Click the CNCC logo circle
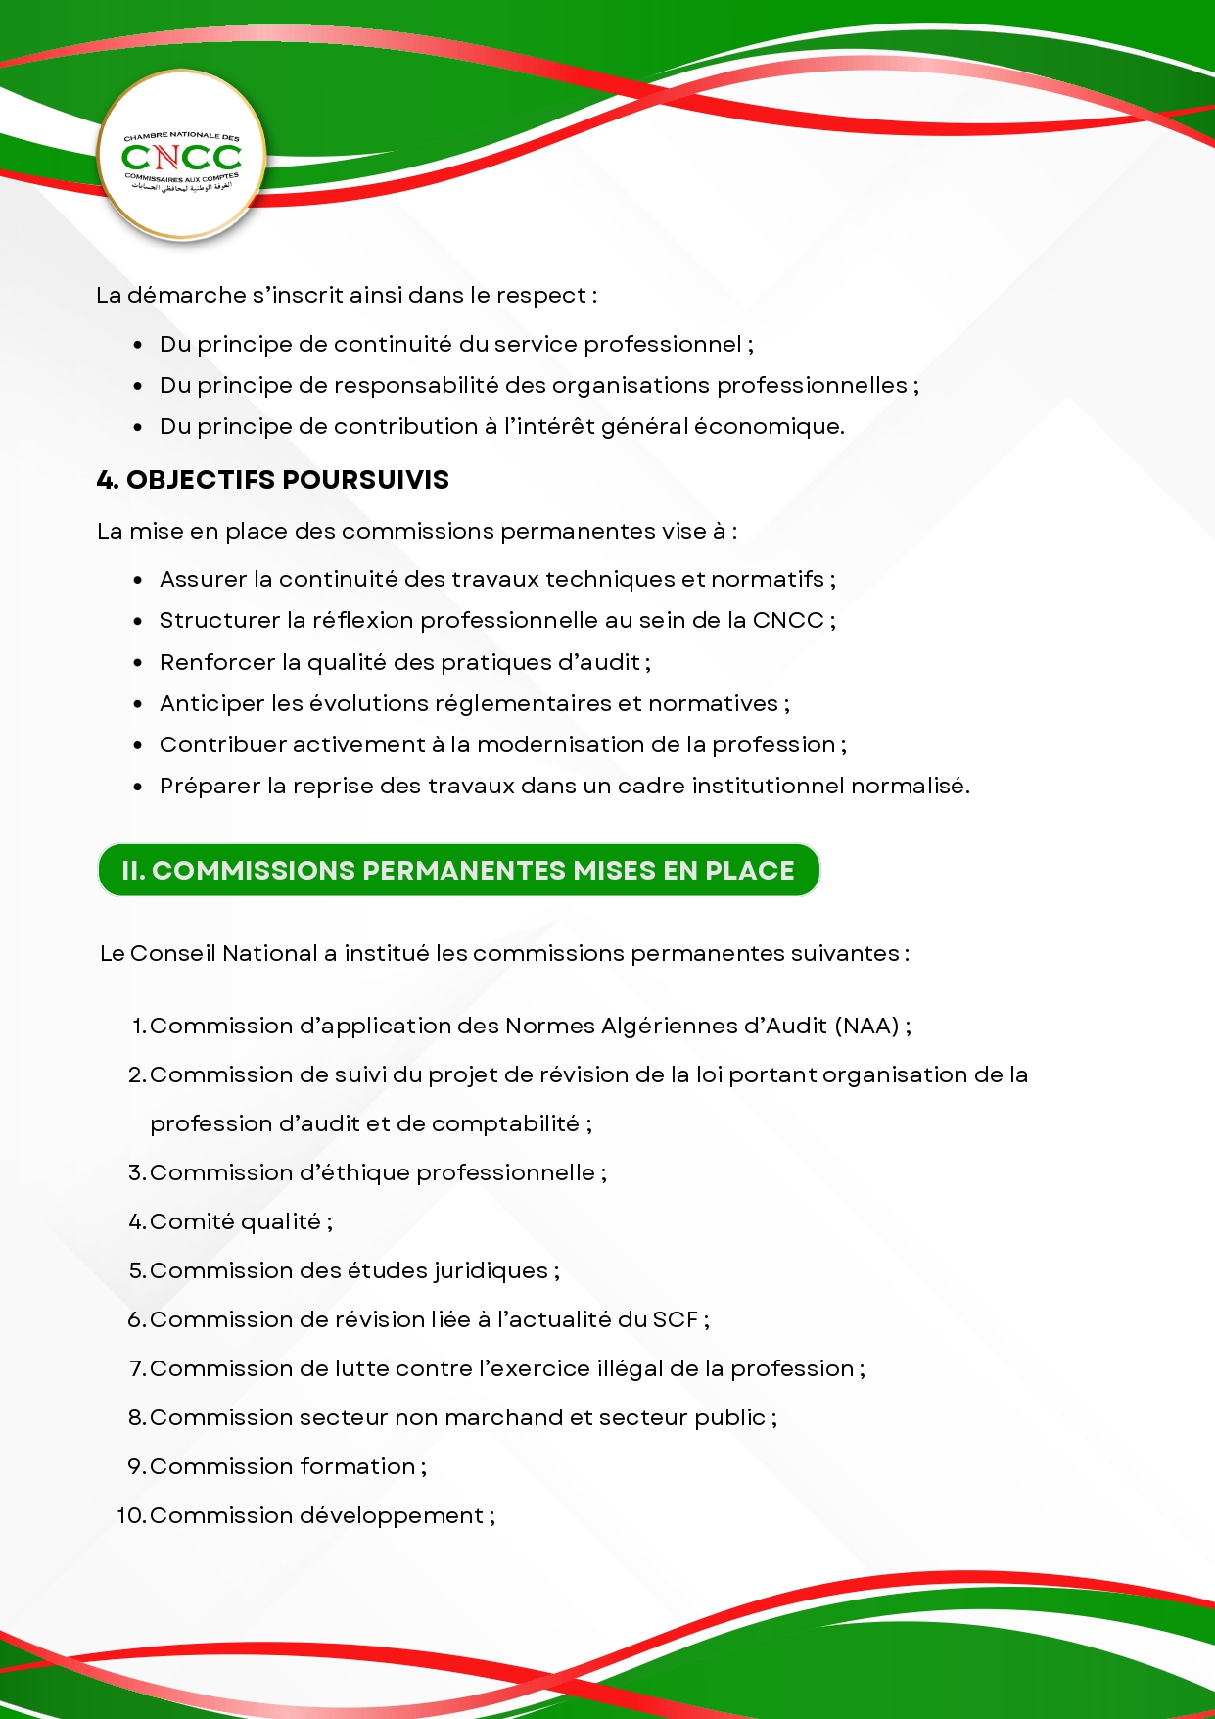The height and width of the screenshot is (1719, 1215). point(182,156)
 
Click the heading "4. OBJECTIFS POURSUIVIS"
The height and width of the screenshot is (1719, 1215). point(273,480)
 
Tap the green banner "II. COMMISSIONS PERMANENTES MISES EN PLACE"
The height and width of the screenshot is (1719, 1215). point(458,870)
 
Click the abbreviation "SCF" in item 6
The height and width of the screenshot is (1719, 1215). point(675,1320)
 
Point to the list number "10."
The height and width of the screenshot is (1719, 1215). point(131,1516)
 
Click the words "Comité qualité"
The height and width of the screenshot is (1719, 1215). point(235,1222)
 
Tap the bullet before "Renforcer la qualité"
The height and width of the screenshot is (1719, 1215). point(138,663)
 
